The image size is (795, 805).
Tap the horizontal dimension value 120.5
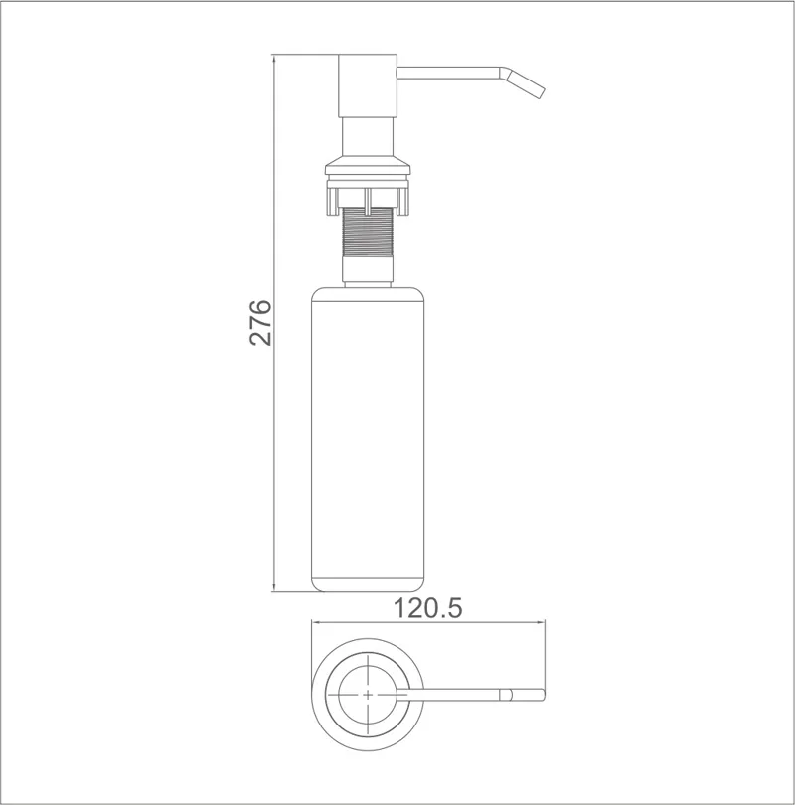[429, 608]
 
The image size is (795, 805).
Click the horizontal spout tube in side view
[447, 72]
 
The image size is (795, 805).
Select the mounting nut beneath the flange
[369, 195]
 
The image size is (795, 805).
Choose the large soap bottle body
[369, 437]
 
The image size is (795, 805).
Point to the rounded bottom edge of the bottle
[369, 588]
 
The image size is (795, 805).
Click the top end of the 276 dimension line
[274, 57]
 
